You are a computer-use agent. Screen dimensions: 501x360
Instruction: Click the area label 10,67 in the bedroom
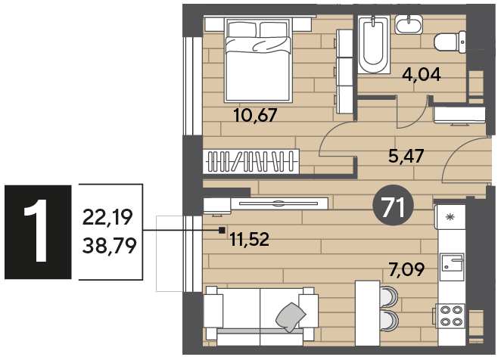[255, 115]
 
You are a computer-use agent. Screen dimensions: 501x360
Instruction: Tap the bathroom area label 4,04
[422, 75]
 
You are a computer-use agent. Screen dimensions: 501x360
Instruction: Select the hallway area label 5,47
[406, 156]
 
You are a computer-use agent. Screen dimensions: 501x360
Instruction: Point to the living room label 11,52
[250, 239]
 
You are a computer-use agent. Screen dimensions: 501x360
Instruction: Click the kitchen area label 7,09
[406, 269]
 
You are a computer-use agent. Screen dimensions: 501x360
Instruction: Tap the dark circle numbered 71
[394, 206]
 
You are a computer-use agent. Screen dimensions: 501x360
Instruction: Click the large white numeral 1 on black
[36, 231]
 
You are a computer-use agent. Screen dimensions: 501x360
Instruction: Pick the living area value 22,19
[107, 217]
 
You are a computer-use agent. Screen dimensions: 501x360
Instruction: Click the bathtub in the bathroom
[374, 45]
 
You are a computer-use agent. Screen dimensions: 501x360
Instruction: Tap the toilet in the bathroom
[450, 42]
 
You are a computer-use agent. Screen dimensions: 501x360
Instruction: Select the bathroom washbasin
[409, 24]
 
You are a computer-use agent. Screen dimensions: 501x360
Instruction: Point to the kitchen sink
[452, 267]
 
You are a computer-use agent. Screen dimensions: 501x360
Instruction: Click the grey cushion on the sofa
[291, 317]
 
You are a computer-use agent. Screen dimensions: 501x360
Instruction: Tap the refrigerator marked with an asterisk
[450, 218]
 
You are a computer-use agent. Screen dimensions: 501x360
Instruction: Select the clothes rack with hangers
[250, 162]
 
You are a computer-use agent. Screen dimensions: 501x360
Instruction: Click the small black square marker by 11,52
[222, 230]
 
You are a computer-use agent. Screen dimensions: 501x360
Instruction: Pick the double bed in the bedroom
[258, 60]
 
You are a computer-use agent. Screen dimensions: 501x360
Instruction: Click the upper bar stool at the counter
[388, 296]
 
